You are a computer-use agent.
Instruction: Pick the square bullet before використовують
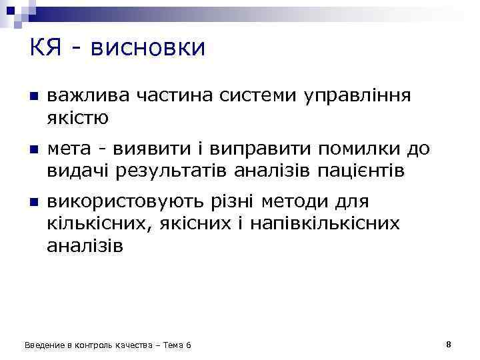click(32, 201)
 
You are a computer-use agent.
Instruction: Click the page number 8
click(449, 345)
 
